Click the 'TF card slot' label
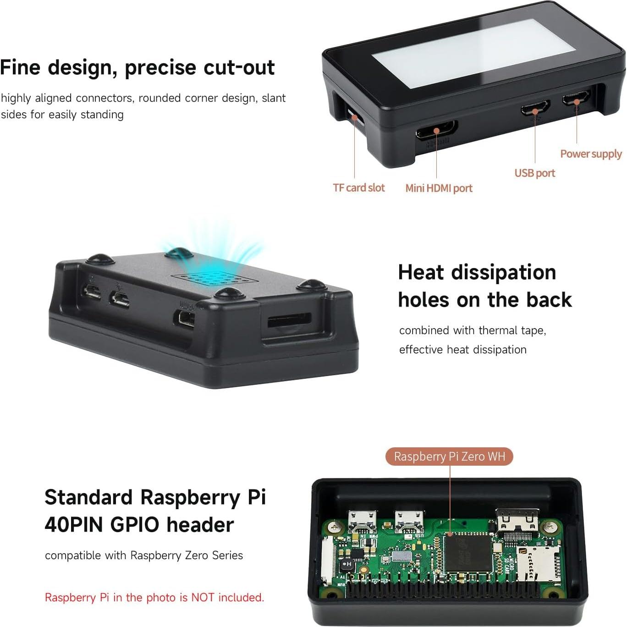point(358,188)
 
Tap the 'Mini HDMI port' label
point(439,188)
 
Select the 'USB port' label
point(534,173)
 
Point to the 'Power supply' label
point(591,154)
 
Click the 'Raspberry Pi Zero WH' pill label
point(449,456)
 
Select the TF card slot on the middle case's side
point(289,320)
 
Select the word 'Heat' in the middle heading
point(421,272)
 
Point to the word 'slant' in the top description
point(274,98)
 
